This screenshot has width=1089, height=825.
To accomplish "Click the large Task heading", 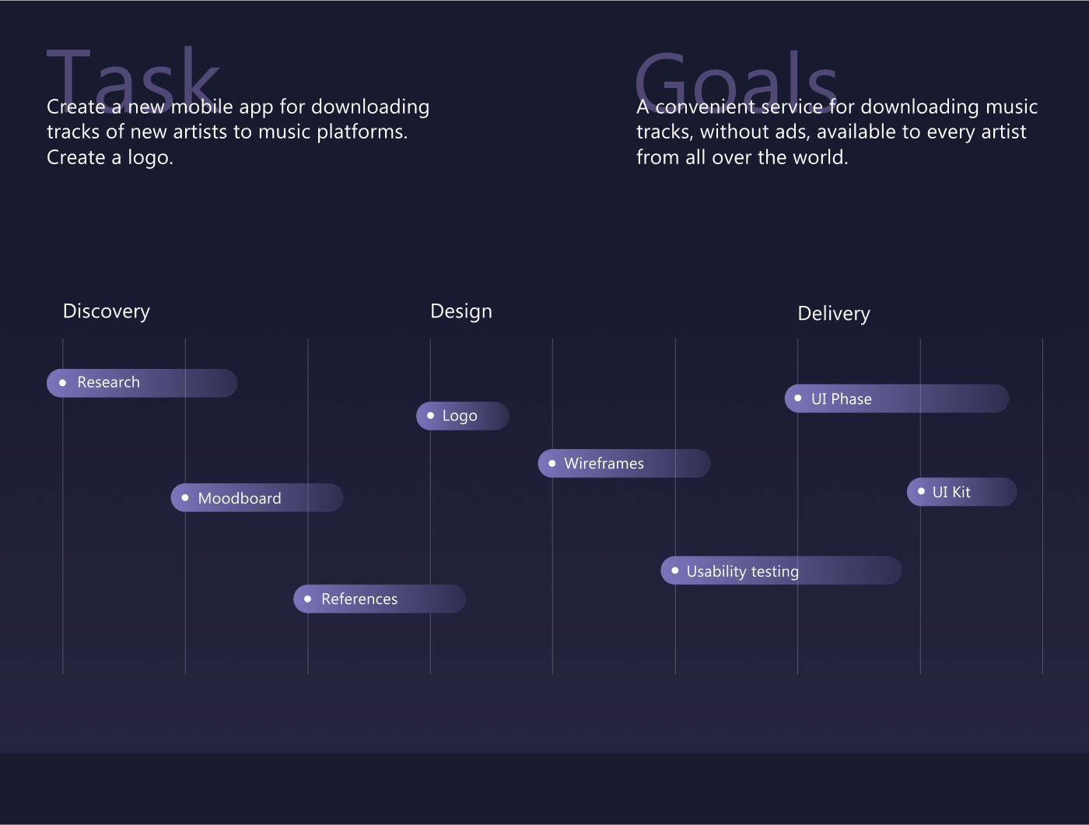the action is click(x=133, y=79).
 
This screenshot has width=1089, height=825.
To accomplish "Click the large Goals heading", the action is click(x=737, y=80).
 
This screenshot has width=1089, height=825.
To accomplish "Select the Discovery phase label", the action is click(x=106, y=312).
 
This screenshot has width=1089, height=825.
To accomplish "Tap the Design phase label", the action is click(x=461, y=312).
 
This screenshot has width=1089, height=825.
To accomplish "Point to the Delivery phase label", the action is click(x=834, y=314).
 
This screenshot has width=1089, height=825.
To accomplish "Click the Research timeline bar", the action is click(x=142, y=383).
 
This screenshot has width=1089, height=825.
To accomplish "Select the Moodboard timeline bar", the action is click(x=257, y=497).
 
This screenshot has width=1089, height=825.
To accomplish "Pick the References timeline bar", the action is click(x=380, y=599).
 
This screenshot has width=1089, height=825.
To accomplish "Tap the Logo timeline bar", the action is click(x=462, y=416).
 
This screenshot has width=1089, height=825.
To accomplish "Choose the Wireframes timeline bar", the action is click(x=624, y=463).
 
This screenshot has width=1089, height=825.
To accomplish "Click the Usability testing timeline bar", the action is click(x=782, y=570).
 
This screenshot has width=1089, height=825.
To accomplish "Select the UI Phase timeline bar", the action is click(x=897, y=398).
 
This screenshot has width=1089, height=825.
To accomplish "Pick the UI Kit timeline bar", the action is click(x=962, y=491).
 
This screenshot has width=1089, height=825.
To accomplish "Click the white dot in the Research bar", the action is click(x=62, y=383).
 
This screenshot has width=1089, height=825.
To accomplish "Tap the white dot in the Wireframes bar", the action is click(x=552, y=463).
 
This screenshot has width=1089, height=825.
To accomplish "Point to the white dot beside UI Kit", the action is click(x=921, y=491).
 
